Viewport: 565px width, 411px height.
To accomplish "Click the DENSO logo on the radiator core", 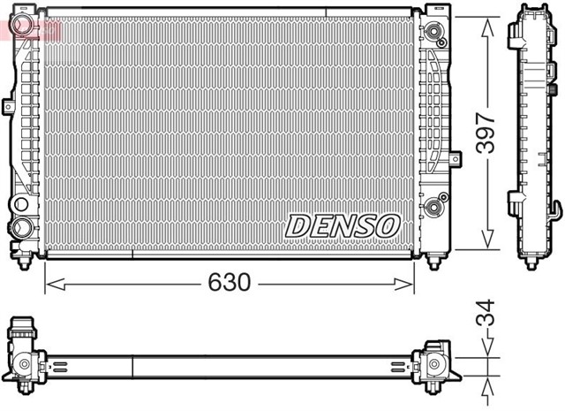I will [x=342, y=225].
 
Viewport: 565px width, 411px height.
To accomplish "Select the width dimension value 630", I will [x=230, y=283].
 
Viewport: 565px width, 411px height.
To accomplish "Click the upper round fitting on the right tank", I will [x=433, y=34].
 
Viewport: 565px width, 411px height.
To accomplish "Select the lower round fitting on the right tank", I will [x=433, y=209].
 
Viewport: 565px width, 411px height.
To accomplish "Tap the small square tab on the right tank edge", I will [x=456, y=158].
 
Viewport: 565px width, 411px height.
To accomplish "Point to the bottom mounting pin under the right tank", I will [x=433, y=263].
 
